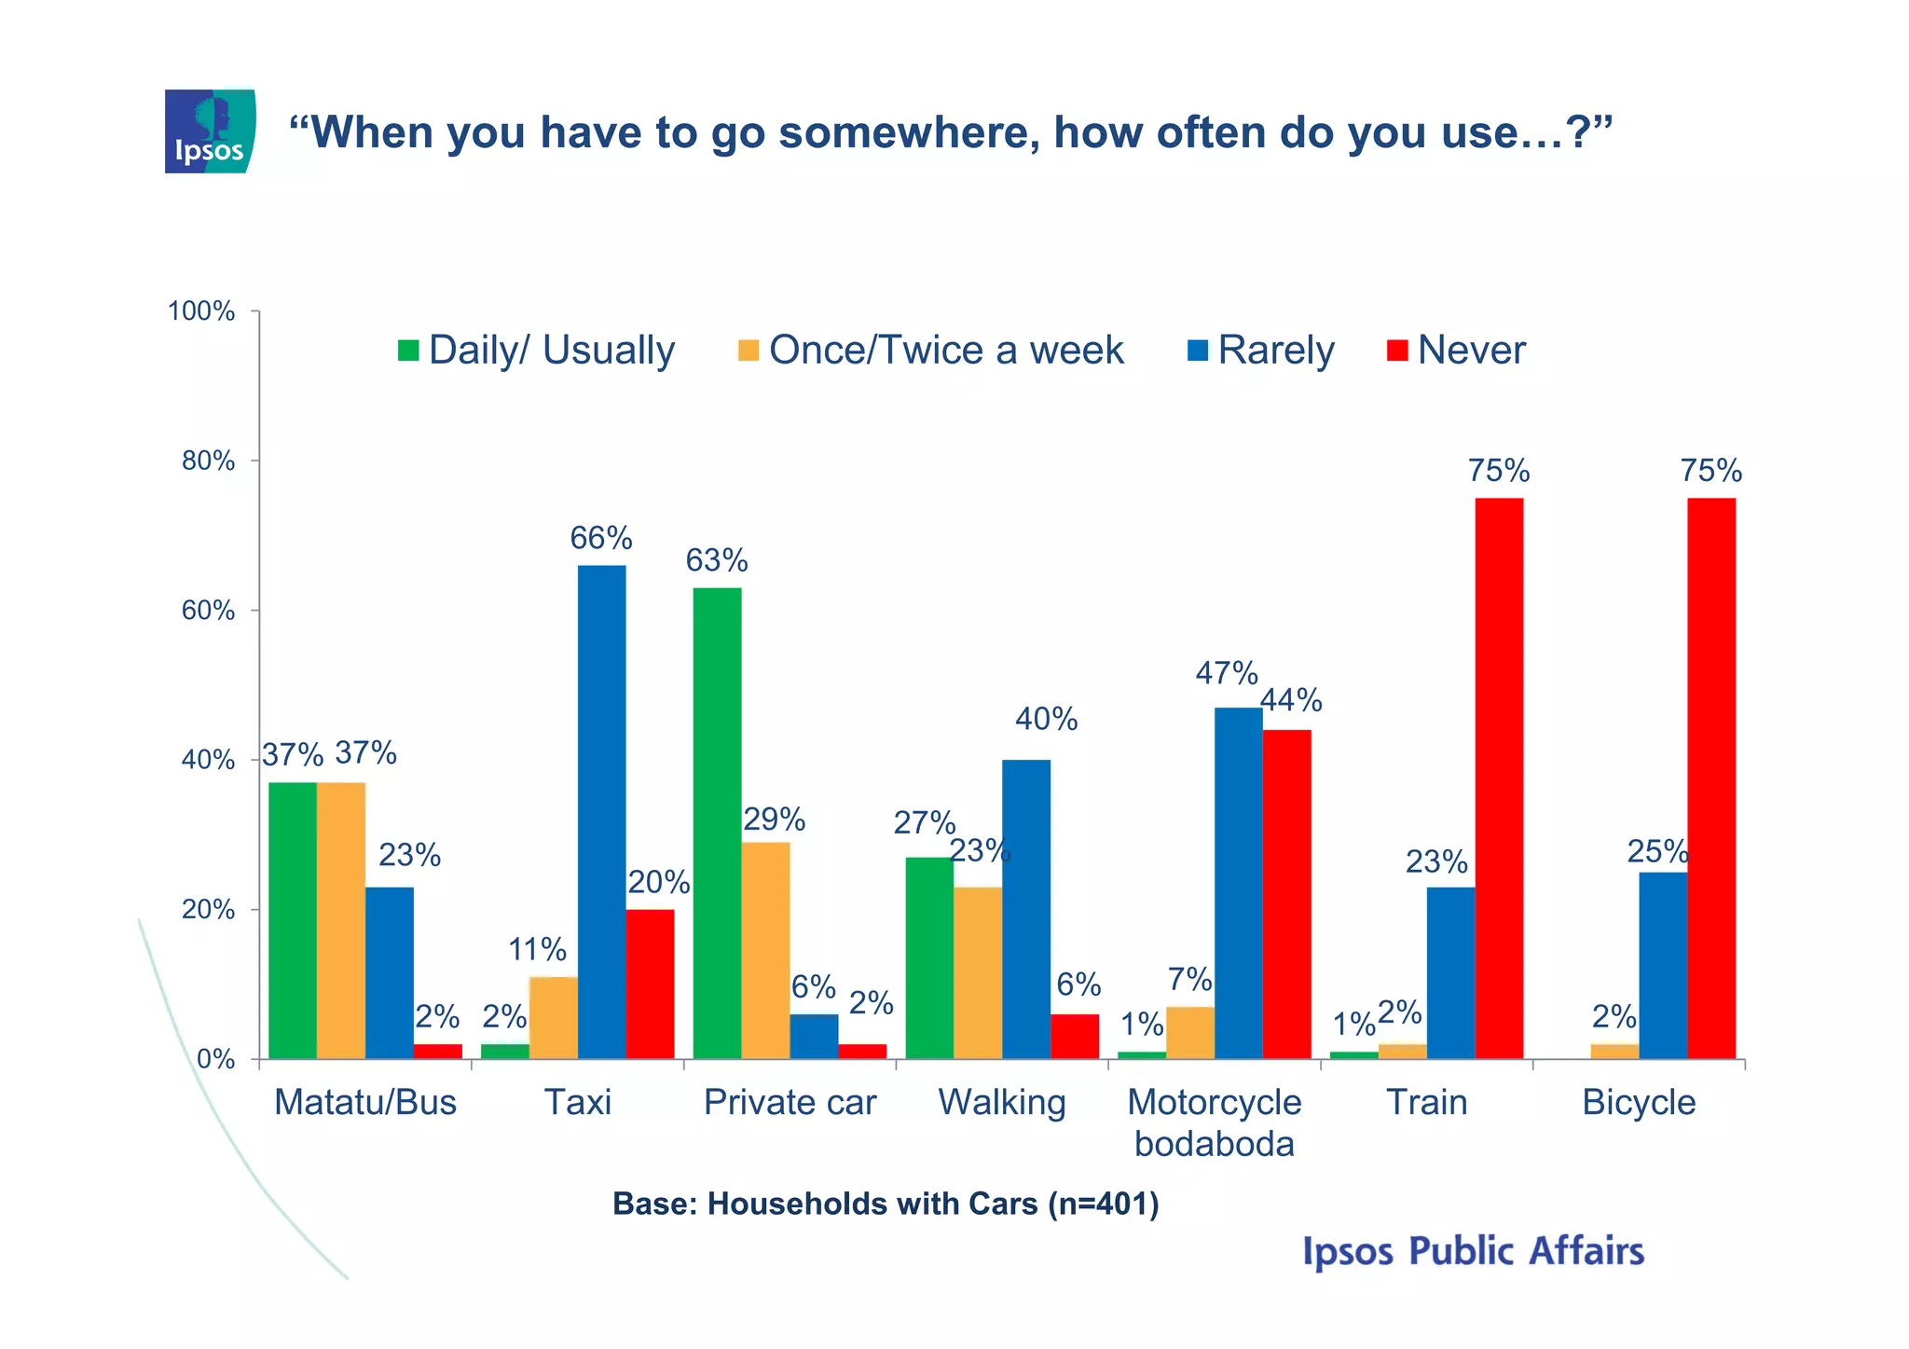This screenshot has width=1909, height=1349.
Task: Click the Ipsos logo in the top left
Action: [x=210, y=131]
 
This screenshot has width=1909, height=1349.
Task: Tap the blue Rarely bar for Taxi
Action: [x=601, y=811]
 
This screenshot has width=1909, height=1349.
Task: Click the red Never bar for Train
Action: [x=1499, y=778]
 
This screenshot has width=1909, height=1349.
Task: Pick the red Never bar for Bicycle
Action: [x=1711, y=778]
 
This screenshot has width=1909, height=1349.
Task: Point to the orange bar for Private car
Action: [x=765, y=950]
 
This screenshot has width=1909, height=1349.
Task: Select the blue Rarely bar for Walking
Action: [x=1026, y=909]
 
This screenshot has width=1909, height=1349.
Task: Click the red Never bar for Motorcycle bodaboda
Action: [x=1286, y=894]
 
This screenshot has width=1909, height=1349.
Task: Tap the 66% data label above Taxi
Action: [x=601, y=538]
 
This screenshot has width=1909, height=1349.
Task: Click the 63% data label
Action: [x=717, y=560]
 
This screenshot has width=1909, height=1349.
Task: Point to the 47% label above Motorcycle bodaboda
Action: [x=1227, y=673]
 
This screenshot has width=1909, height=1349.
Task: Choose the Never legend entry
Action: [x=1456, y=351]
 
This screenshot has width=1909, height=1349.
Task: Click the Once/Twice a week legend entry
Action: [x=931, y=351]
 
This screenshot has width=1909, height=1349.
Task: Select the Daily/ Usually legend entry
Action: [x=536, y=351]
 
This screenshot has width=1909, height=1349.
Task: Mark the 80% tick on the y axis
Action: [x=208, y=461]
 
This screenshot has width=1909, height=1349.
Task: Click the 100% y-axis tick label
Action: [x=200, y=311]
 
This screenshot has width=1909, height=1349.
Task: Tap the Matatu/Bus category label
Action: [x=365, y=1102]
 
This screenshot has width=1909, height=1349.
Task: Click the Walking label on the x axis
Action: [x=1002, y=1102]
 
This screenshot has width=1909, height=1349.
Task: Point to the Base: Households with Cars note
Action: [x=886, y=1204]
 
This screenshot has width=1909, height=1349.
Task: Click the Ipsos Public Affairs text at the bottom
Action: [x=1473, y=1251]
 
